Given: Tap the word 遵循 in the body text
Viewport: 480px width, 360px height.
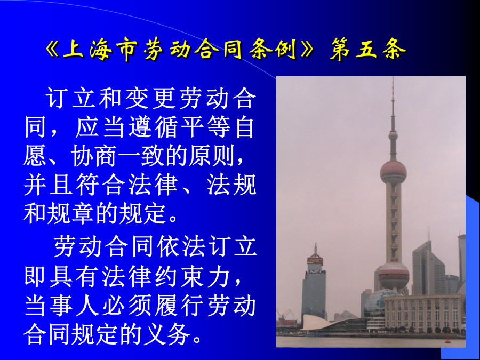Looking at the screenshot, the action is click(153, 127).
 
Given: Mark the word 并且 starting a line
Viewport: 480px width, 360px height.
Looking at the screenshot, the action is click(49, 185).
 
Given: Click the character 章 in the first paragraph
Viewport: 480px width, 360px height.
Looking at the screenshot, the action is click(83, 214).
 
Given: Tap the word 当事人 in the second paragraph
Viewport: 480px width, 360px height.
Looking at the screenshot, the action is click(62, 306).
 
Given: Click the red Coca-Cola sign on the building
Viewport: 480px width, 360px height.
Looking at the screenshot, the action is click(315, 261).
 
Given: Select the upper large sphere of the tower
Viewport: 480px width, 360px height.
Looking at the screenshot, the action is click(393, 172).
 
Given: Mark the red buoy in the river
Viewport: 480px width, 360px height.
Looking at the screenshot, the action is click(448, 339).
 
